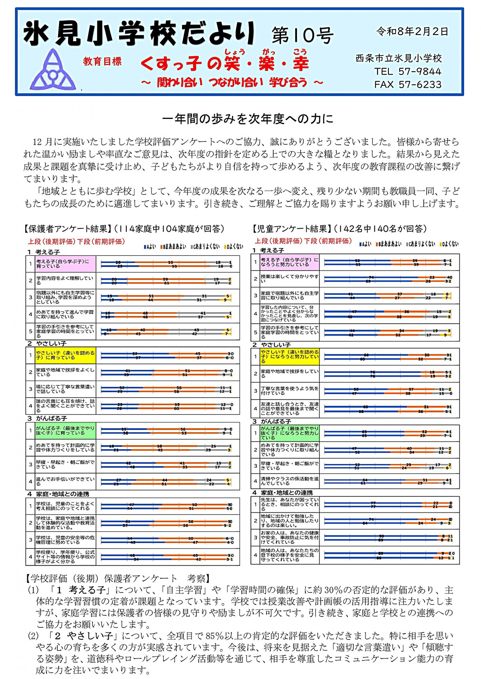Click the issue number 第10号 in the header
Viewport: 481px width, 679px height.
tap(302, 36)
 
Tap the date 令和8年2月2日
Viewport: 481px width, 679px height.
tap(412, 32)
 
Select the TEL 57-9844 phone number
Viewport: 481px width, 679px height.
tap(408, 71)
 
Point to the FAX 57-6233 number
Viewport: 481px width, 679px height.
tap(408, 84)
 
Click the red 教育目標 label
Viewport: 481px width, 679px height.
tap(102, 61)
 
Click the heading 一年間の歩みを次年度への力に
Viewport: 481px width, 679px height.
tap(248, 119)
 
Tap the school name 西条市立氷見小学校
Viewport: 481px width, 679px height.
tap(398, 58)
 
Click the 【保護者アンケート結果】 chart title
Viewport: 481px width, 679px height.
tap(66, 229)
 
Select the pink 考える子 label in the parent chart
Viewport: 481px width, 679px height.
tap(65, 264)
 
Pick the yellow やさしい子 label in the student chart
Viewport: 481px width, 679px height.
tap(289, 356)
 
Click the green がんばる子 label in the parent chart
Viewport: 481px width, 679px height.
tap(65, 431)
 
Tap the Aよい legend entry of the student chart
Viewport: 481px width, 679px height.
tap(365, 244)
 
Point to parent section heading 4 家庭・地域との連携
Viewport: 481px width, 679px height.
tap(58, 494)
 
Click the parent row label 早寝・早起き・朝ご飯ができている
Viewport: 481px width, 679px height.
tap(65, 464)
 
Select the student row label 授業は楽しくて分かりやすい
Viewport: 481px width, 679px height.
tap(289, 279)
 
